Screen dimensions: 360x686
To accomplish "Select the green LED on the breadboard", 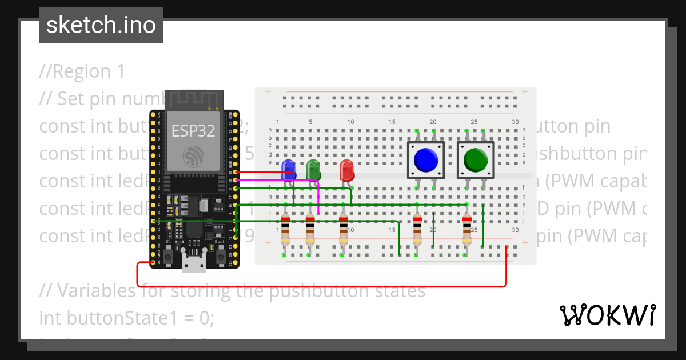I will click(x=313, y=170).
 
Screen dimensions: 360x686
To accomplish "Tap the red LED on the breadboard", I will click(x=346, y=170).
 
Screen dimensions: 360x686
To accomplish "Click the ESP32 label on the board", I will click(x=193, y=131).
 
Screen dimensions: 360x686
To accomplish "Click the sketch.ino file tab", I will click(x=101, y=25).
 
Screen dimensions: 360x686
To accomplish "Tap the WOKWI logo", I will click(x=608, y=315).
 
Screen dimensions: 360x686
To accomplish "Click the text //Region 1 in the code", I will click(x=82, y=71).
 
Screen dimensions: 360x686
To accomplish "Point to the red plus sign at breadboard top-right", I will click(x=524, y=91).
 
